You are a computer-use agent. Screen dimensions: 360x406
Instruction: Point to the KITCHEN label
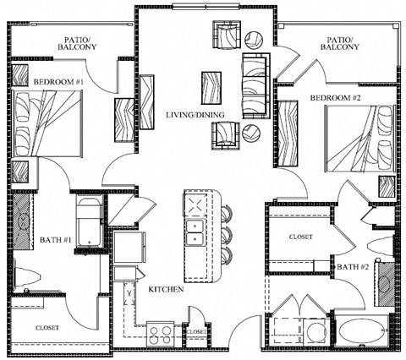(x=167, y=289)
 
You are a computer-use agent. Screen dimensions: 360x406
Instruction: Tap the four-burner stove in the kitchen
(x=159, y=331)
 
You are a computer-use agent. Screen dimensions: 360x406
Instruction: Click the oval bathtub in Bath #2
(x=360, y=330)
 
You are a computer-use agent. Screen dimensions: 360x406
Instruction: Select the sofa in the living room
(x=256, y=85)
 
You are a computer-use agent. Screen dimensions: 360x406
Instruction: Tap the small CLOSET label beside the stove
(x=195, y=332)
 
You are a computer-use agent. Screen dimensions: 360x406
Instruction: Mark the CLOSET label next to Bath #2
(x=301, y=237)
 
